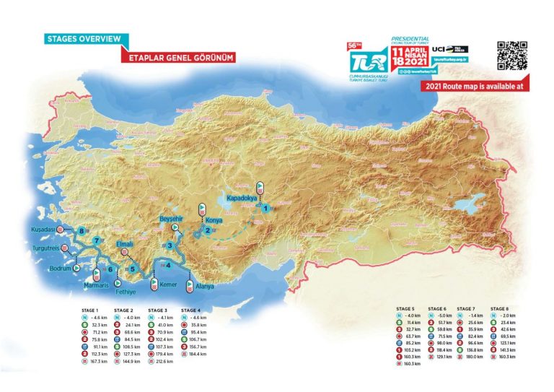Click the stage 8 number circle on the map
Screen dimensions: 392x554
[x=82, y=232]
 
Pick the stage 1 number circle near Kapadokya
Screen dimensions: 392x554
[x=265, y=208]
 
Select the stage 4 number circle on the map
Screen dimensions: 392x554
[x=167, y=265]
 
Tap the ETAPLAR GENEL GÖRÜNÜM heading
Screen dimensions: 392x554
[x=179, y=56]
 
